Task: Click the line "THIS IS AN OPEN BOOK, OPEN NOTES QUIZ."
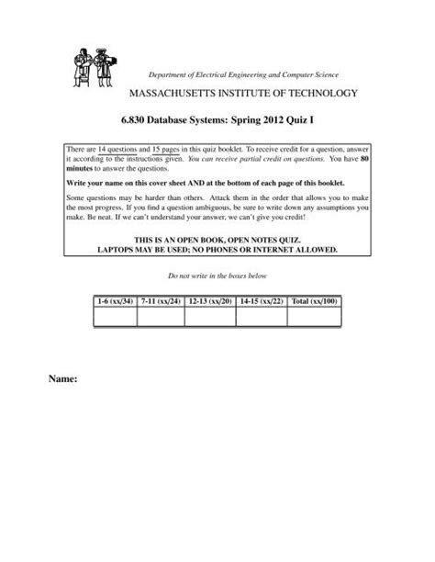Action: [217, 239]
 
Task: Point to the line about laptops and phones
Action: [217, 248]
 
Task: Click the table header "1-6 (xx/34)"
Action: [115, 300]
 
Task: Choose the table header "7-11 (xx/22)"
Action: [161, 300]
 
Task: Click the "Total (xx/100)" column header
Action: [313, 300]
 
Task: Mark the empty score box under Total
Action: [313, 317]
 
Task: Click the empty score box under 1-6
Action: [115, 317]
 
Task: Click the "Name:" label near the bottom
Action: [80, 377]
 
